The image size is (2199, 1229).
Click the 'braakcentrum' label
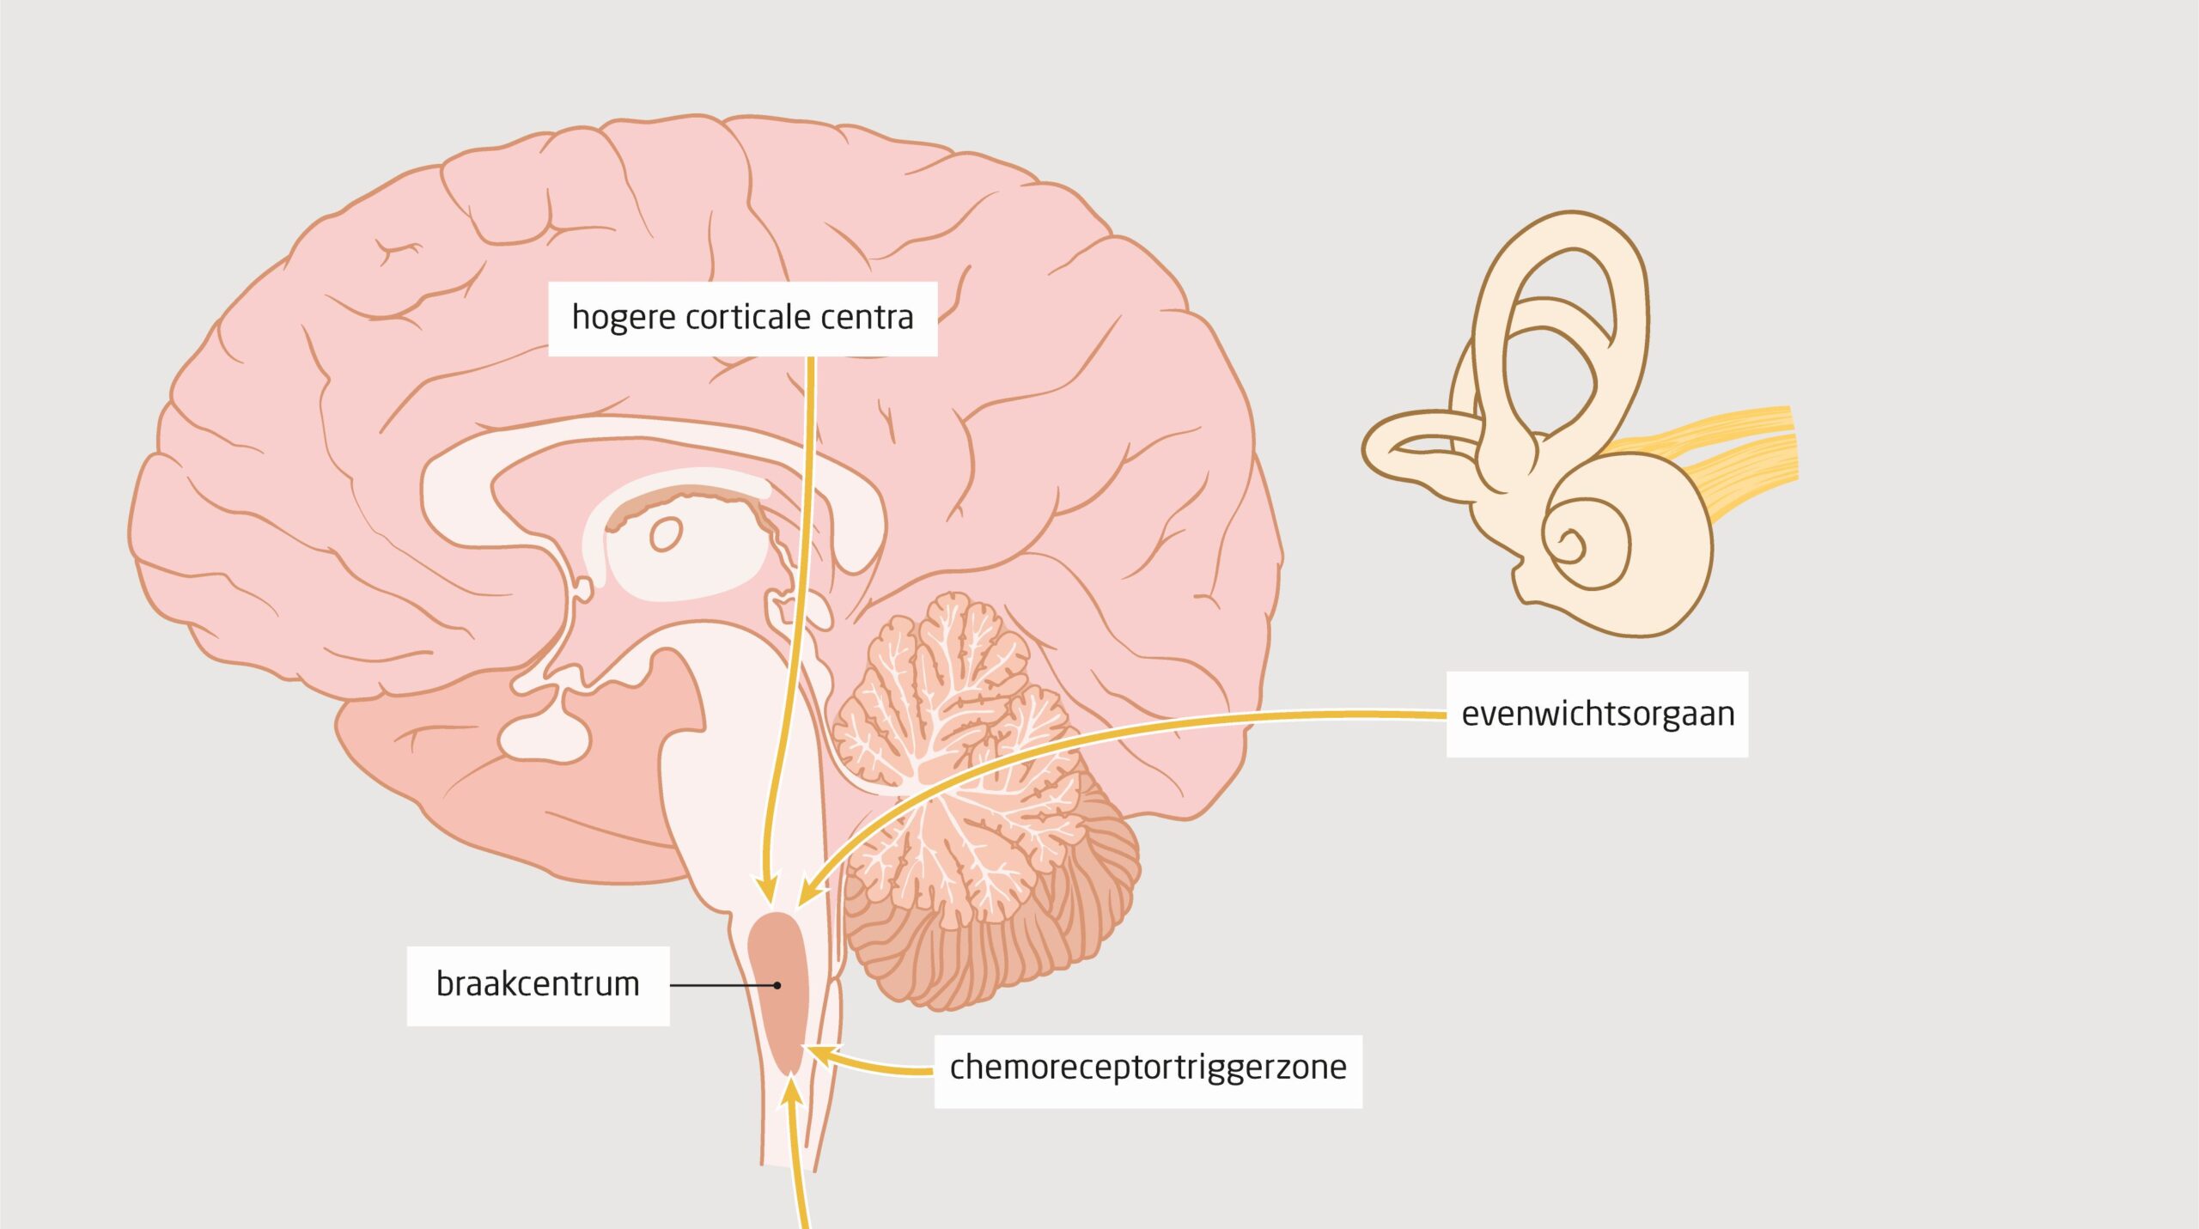point(538,984)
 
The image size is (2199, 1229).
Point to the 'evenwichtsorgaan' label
point(1598,715)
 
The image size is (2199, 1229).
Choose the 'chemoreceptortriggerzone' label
point(1148,1068)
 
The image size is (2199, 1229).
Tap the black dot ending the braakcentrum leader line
point(777,985)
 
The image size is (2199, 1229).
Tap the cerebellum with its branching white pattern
point(971,799)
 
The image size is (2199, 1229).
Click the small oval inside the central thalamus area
point(666,534)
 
